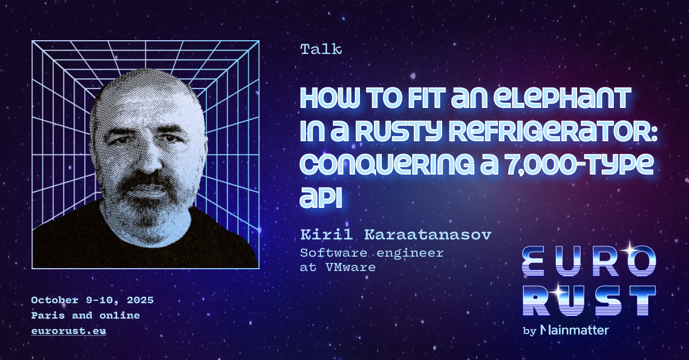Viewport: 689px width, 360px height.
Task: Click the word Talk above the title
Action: tap(321, 49)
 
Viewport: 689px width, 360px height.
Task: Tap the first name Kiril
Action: tap(326, 235)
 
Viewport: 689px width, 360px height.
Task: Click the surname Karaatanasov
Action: tap(428, 235)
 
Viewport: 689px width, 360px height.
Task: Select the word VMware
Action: tap(351, 268)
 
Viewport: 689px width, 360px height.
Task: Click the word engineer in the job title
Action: tap(410, 253)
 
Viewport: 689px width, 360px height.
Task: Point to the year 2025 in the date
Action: tap(140, 300)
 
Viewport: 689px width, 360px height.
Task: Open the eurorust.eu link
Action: tap(68, 331)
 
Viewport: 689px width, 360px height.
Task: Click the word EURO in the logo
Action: tap(589, 261)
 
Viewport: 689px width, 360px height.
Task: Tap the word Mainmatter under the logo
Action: tap(575, 330)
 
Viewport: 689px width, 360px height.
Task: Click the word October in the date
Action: tap(55, 300)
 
